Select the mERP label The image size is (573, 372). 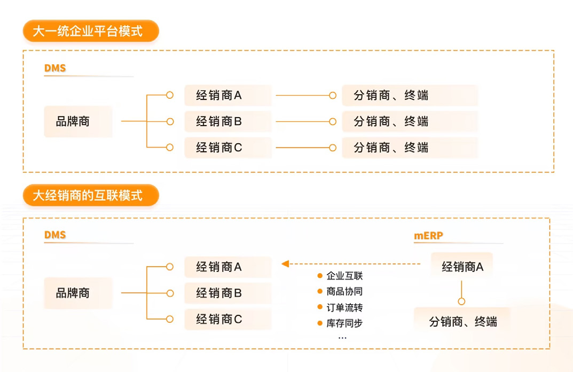(x=428, y=235)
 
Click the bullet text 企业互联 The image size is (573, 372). (x=344, y=276)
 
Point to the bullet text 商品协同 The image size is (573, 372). (x=344, y=292)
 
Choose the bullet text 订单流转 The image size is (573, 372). (x=344, y=308)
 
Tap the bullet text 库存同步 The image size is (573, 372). (x=344, y=323)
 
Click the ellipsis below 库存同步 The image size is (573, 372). (x=342, y=338)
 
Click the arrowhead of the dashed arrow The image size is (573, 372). (x=285, y=263)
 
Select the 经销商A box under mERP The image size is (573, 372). (x=462, y=267)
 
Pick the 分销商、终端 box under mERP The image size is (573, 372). (x=462, y=321)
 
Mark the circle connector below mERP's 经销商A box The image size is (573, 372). (x=461, y=301)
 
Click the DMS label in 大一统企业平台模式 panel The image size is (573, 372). (x=55, y=68)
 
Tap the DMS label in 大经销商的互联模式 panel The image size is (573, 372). (x=55, y=235)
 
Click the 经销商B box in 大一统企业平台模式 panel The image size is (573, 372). (x=227, y=121)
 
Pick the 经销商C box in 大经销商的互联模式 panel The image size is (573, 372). (x=227, y=319)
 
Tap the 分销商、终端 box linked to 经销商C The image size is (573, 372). (x=409, y=148)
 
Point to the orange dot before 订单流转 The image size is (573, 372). (x=320, y=308)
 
